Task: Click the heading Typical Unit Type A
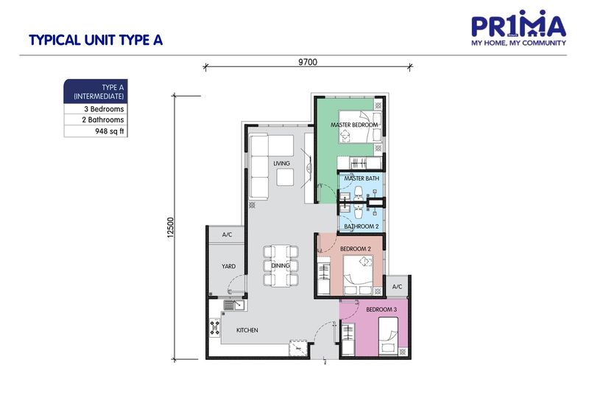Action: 95,41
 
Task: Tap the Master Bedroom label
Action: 354,125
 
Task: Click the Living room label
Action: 281,163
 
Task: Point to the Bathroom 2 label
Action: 361,226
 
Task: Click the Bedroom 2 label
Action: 354,249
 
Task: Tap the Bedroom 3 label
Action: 381,309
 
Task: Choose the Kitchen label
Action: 247,330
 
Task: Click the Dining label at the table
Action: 281,266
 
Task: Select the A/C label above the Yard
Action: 228,235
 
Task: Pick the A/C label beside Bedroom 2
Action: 397,287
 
